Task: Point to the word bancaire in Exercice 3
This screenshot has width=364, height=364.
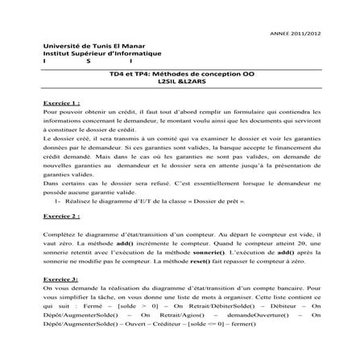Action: pos(289,290)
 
